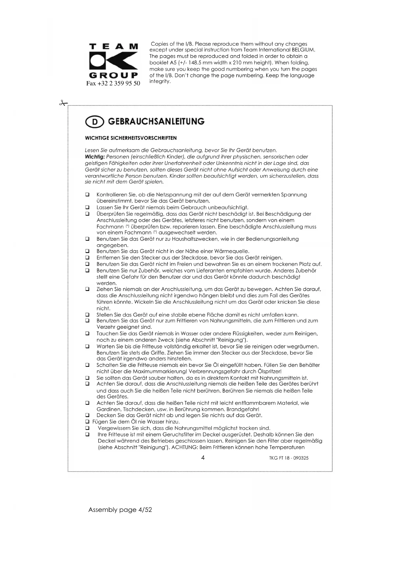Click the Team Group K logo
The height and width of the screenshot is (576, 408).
[113, 61]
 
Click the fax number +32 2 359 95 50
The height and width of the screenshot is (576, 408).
[113, 83]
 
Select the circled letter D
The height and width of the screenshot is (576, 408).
[94, 122]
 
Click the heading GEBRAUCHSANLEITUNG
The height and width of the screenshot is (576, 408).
[156, 122]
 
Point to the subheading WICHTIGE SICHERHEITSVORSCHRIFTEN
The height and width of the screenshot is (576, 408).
[131, 138]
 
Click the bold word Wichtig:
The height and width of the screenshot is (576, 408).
[95, 157]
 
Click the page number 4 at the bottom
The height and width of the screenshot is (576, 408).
[203, 458]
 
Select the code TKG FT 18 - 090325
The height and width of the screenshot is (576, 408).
[289, 458]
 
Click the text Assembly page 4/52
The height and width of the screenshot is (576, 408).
[120, 510]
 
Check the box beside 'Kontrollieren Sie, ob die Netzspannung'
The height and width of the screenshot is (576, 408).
[87, 195]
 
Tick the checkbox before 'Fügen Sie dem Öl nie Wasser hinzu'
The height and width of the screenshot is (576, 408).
[87, 422]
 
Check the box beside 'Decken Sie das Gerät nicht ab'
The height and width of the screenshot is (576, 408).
[87, 415]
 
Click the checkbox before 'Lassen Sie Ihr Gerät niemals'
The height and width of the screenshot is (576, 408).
[87, 208]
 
